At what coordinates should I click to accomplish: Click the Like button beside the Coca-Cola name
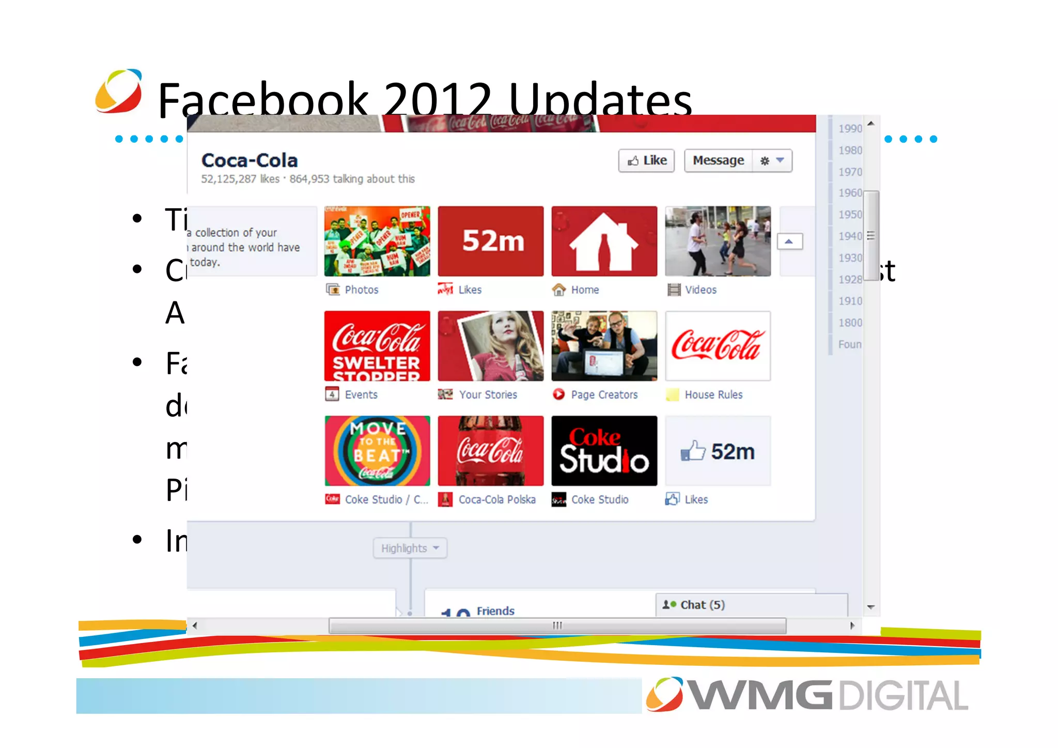[646, 161]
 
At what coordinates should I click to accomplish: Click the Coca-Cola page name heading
[250, 161]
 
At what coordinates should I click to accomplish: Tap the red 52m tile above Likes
[491, 241]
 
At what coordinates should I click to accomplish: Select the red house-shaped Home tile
[604, 241]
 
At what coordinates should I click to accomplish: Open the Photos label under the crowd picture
[361, 290]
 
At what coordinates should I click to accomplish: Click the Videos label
[701, 290]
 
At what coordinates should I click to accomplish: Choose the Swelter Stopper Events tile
[377, 346]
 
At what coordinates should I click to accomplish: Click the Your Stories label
[488, 395]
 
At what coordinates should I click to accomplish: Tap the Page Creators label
[604, 395]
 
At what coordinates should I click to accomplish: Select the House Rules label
[713, 395]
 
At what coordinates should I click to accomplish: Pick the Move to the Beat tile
[377, 451]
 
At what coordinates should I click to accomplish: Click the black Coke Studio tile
[604, 451]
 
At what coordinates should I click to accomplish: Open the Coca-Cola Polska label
[496, 500]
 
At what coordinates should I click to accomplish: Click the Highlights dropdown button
[410, 548]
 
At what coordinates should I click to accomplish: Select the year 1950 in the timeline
[850, 215]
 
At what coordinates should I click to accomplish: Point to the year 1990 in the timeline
[850, 129]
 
